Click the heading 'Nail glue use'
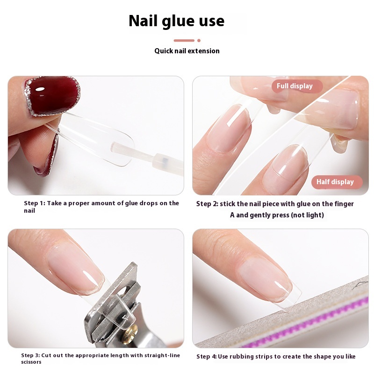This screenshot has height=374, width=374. coord(177,21)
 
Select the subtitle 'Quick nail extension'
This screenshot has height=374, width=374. coord(187,51)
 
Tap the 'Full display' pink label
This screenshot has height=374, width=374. coord(297,86)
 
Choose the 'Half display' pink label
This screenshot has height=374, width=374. coord(337,182)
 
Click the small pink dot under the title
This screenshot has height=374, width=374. coord(199,41)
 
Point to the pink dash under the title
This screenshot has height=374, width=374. coord(184,41)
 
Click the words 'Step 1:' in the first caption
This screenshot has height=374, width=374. coord(34,203)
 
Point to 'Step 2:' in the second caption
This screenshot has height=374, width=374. coord(207,204)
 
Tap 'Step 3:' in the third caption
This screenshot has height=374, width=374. coord(30,355)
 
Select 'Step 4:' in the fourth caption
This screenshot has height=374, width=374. coord(206,357)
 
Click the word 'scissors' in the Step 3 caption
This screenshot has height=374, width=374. coord(31,362)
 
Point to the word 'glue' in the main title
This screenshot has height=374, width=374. coord(178,22)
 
